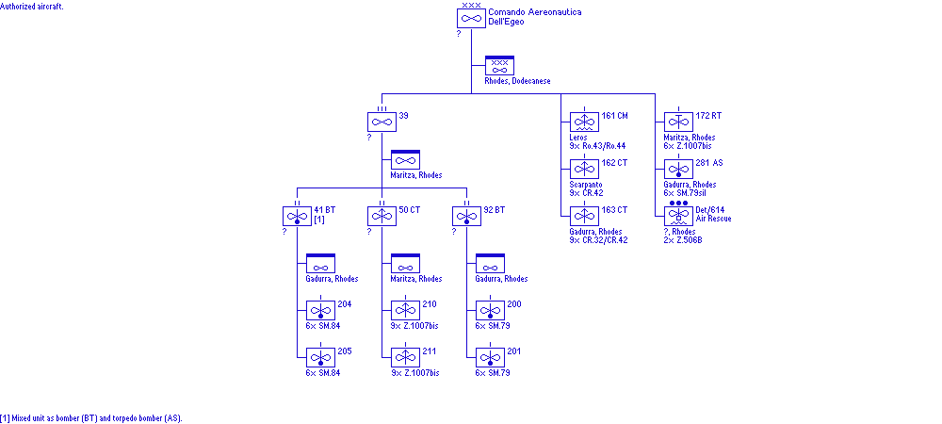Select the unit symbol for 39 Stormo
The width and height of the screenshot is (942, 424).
click(x=382, y=122)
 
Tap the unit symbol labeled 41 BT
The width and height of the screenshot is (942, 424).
click(x=297, y=216)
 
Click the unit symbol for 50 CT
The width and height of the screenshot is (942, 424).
click(x=382, y=216)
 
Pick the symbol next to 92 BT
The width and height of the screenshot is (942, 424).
click(x=466, y=216)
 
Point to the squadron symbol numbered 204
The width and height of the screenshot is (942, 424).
click(x=320, y=310)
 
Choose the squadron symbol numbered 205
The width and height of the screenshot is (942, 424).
click(x=320, y=357)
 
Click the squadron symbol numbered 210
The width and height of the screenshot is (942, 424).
click(x=406, y=310)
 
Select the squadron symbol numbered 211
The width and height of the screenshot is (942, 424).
click(x=406, y=357)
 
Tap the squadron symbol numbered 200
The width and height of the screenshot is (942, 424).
click(x=490, y=310)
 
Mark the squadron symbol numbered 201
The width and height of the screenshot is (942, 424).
click(x=490, y=357)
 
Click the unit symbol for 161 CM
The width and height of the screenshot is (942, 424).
click(x=584, y=122)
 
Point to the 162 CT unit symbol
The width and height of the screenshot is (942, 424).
click(x=584, y=169)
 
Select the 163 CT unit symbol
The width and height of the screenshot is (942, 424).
click(x=584, y=216)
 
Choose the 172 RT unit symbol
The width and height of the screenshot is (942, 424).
click(x=678, y=122)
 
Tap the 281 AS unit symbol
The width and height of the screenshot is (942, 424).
click(x=678, y=169)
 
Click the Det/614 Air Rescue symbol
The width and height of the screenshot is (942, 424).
click(x=678, y=216)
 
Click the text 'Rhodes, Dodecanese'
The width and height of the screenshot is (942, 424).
click(x=517, y=81)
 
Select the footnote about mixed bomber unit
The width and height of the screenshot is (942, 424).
click(x=90, y=417)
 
